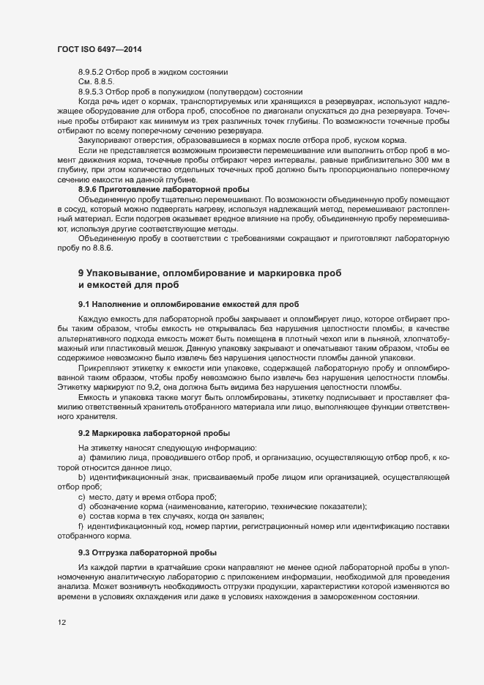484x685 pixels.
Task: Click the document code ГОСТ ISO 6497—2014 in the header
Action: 99,49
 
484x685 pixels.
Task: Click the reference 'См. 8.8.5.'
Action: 95,81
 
